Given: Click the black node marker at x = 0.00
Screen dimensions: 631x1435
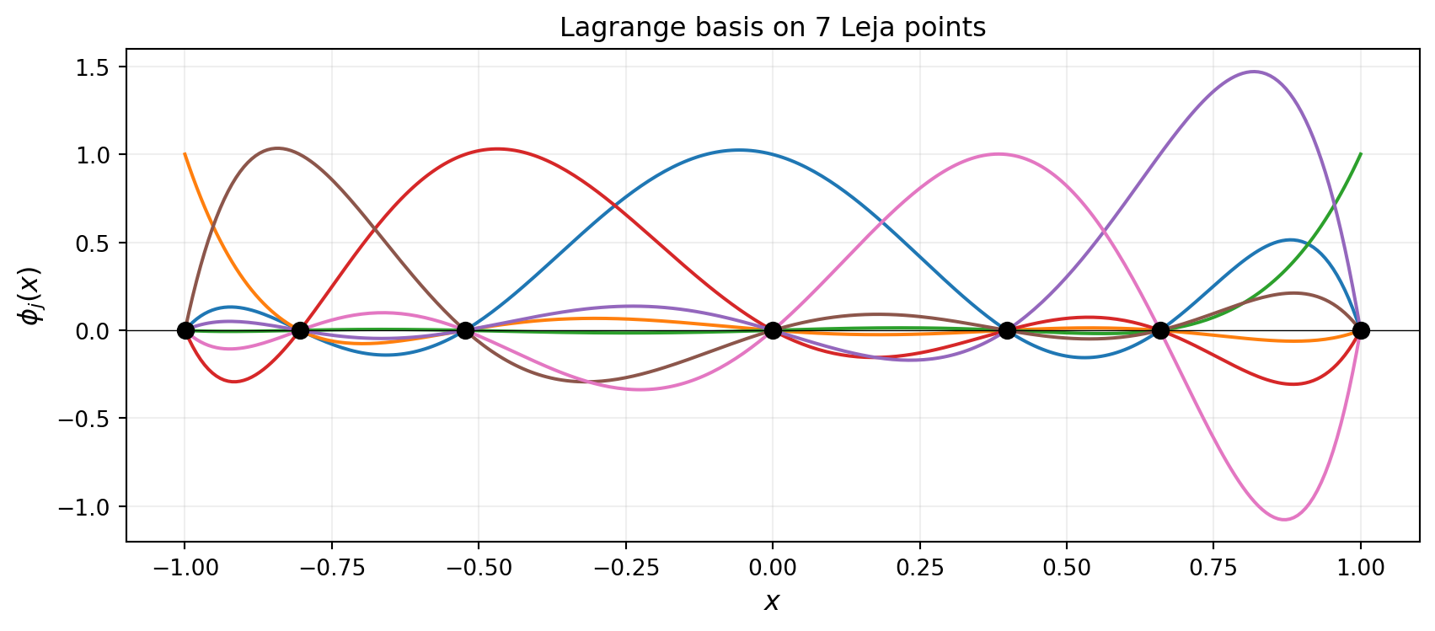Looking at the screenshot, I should click(773, 330).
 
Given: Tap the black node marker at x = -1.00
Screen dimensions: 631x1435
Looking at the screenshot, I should click(185, 330).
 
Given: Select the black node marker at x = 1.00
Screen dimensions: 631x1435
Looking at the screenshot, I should click(1360, 330).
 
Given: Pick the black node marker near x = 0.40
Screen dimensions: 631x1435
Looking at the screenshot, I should click(1006, 330).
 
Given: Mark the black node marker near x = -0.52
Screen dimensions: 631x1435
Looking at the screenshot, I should click(464, 330).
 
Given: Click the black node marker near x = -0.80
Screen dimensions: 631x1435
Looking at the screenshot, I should click(299, 330).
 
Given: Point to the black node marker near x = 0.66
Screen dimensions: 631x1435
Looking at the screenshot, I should click(1160, 330).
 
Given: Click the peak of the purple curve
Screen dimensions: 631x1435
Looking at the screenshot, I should click(1254, 72).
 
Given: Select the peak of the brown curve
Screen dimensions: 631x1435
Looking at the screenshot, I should click(277, 148).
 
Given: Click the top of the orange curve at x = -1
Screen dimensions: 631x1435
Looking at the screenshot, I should click(185, 154).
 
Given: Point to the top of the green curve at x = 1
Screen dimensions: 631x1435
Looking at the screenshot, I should click(1360, 154).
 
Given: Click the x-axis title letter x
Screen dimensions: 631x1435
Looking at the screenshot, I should click(772, 601).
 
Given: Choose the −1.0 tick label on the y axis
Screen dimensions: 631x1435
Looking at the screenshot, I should click(88, 506).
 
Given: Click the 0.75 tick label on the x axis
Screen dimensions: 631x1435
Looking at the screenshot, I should click(1213, 567).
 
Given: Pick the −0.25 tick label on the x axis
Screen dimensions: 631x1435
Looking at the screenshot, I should click(625, 567).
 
